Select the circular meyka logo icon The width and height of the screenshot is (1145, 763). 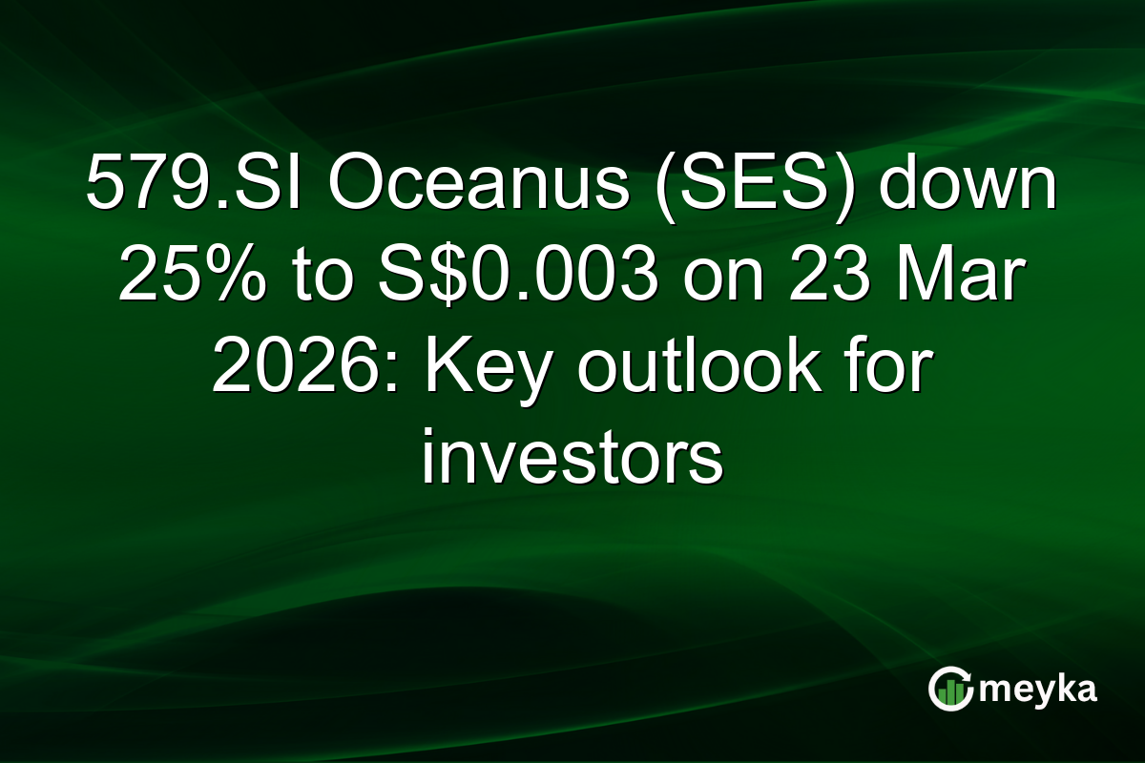(949, 689)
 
